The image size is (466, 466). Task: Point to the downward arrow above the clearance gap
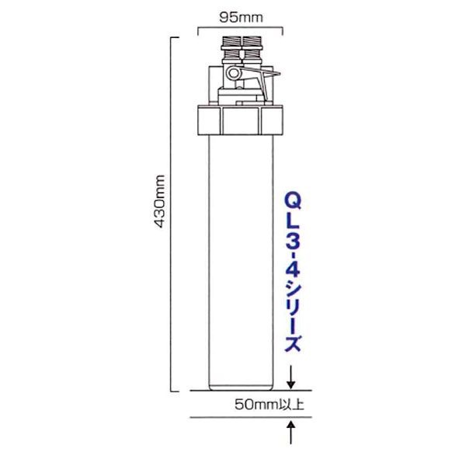(292, 377)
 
